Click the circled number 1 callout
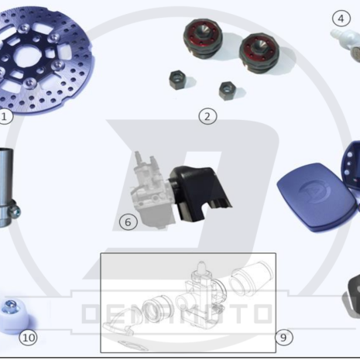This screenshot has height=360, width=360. [5, 116]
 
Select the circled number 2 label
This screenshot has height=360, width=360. [207, 116]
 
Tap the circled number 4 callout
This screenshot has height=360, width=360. [341, 18]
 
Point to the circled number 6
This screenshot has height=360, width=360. [129, 221]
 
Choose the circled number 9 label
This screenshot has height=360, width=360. [284, 337]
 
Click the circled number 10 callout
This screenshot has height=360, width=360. [29, 337]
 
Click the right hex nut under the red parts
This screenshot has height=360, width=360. [228, 90]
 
